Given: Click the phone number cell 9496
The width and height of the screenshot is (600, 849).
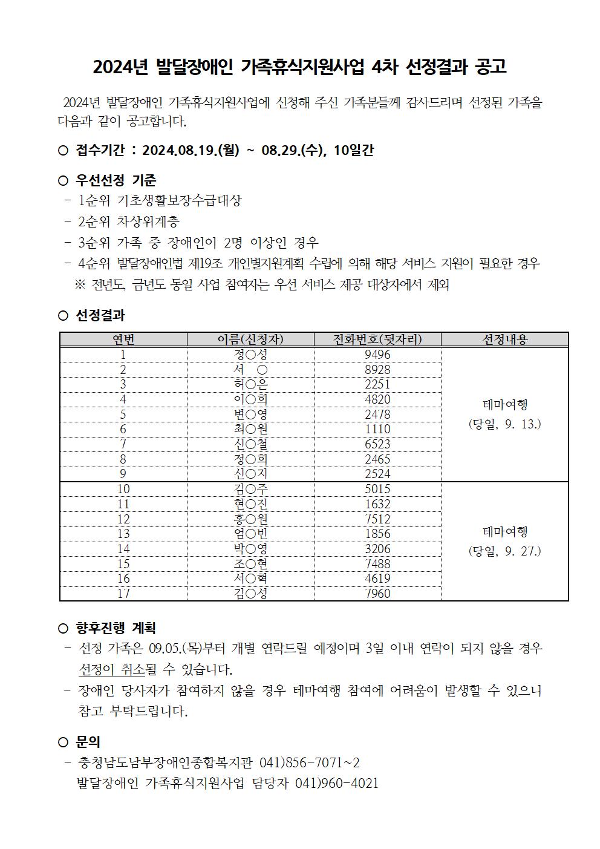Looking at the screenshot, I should pyautogui.click(x=377, y=355).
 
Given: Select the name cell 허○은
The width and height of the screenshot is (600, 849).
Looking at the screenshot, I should pyautogui.click(x=250, y=384).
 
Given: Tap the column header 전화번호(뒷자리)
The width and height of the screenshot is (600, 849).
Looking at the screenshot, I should pyautogui.click(x=377, y=339).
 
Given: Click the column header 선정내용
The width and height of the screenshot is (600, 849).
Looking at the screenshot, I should pyautogui.click(x=504, y=339).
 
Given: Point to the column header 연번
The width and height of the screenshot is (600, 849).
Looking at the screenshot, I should pyautogui.click(x=123, y=339).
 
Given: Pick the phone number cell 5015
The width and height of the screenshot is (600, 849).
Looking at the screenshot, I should pyautogui.click(x=377, y=489).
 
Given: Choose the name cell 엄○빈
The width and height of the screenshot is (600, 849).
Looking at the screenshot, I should pyautogui.click(x=250, y=534).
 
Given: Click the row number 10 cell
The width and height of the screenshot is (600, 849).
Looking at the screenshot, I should pyautogui.click(x=123, y=489).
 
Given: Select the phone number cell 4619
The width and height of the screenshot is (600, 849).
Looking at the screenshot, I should pyautogui.click(x=377, y=579).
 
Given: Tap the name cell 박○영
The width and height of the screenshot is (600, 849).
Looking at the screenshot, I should pyautogui.click(x=250, y=549).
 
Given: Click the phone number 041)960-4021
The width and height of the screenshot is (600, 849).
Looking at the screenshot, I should pyautogui.click(x=336, y=783).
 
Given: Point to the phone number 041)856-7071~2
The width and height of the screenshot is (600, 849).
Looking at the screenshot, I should pyautogui.click(x=309, y=762).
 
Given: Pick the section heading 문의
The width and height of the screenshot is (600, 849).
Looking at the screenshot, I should pyautogui.click(x=88, y=742).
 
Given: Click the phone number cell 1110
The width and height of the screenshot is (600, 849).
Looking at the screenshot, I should pyautogui.click(x=377, y=429).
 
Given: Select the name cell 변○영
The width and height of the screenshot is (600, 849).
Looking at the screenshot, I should pyautogui.click(x=250, y=414).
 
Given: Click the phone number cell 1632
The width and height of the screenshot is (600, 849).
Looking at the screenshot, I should pyautogui.click(x=377, y=504).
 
